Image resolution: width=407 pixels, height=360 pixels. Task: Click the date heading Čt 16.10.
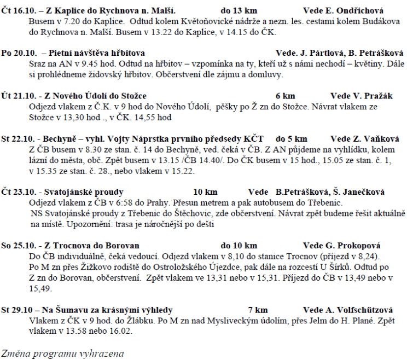(x=18, y=10)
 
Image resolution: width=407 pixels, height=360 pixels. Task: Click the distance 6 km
(x=286, y=96)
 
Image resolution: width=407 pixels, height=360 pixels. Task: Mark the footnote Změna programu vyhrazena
(x=62, y=352)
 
